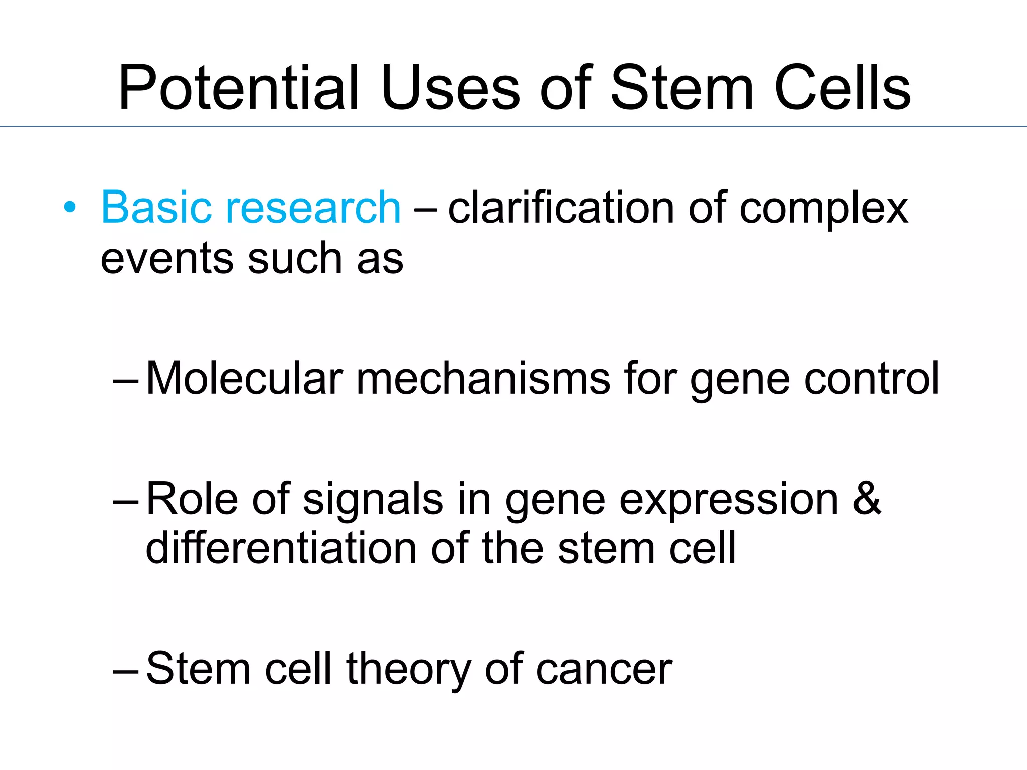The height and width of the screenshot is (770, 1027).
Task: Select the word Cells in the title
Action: (842, 88)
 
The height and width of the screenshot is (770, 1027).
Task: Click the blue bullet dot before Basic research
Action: (70, 207)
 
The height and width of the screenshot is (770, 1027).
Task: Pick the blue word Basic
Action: (156, 207)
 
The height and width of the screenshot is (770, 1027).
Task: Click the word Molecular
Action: (245, 378)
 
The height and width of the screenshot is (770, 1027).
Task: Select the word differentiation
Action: (281, 548)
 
